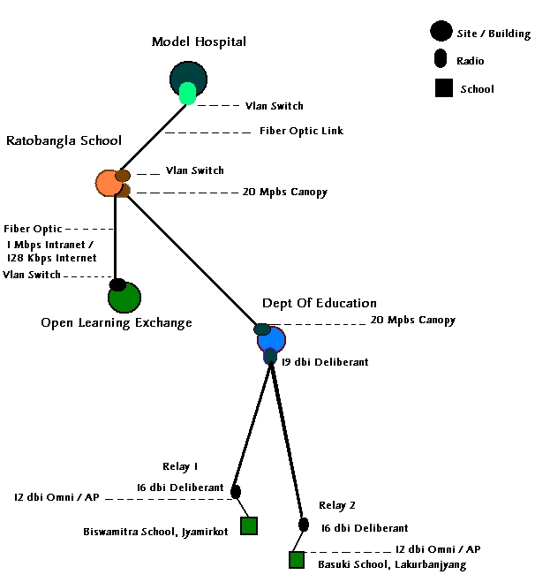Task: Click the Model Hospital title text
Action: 199,42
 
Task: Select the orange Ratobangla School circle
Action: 108,183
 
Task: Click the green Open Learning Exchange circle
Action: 124,298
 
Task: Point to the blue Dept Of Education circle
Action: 273,339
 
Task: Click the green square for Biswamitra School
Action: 248,525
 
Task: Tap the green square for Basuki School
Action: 296,559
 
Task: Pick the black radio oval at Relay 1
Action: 236,491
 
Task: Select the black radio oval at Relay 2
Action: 304,525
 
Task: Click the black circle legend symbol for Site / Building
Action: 441,32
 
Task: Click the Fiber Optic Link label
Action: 301,131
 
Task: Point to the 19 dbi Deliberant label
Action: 324,362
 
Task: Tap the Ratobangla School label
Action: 64,140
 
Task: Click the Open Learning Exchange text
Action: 117,322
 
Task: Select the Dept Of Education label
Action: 320,303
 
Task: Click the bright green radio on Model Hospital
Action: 187,94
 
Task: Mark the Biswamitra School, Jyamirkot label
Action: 154,532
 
